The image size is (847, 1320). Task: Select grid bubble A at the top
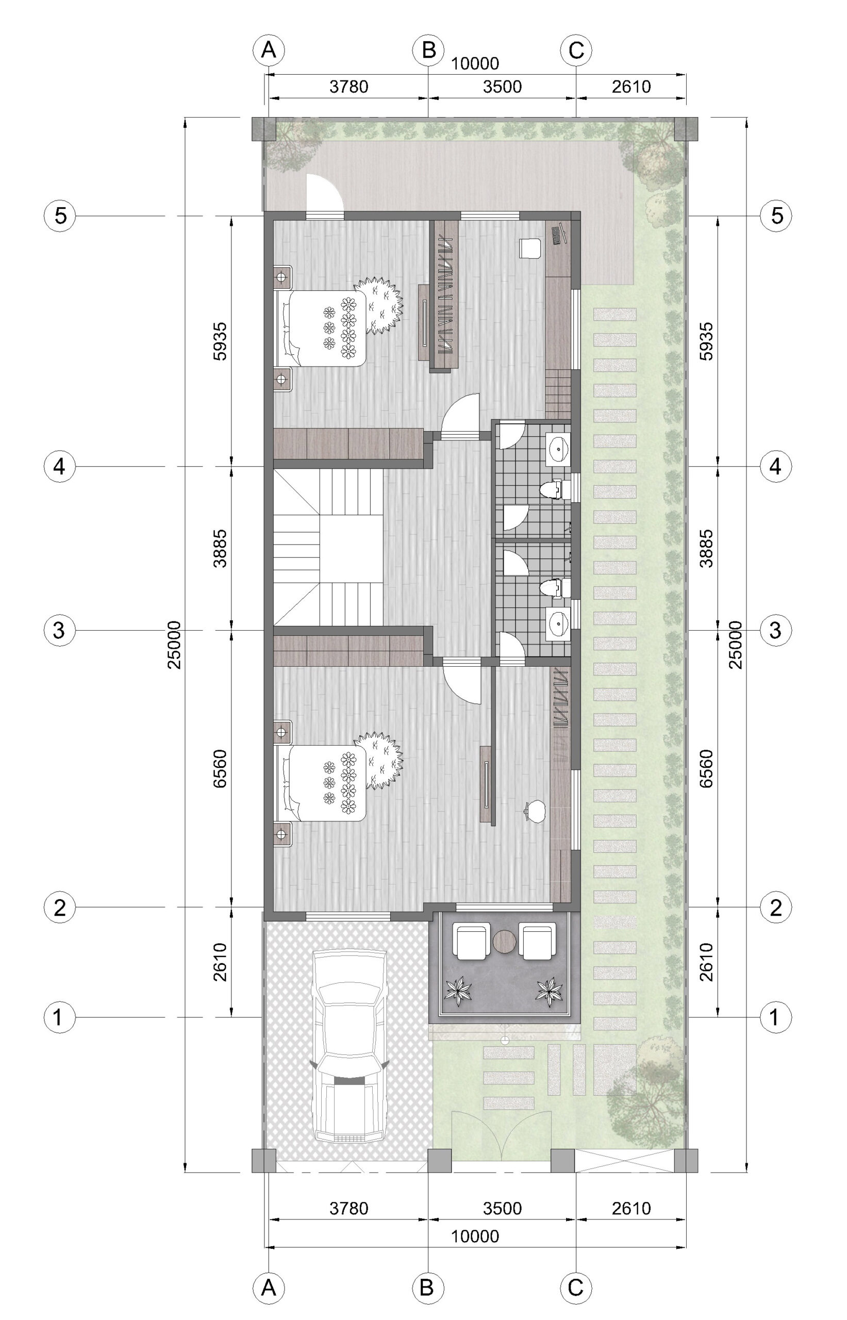point(269,50)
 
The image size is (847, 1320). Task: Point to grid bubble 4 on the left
point(59,467)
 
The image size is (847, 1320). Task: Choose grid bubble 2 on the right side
point(775,907)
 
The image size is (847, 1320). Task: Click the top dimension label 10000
point(475,64)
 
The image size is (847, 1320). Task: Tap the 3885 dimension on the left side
point(220,548)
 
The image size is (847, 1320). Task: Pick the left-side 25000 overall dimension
point(174,645)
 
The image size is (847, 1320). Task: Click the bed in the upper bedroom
point(320,328)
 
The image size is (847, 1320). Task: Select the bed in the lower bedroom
point(320,783)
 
